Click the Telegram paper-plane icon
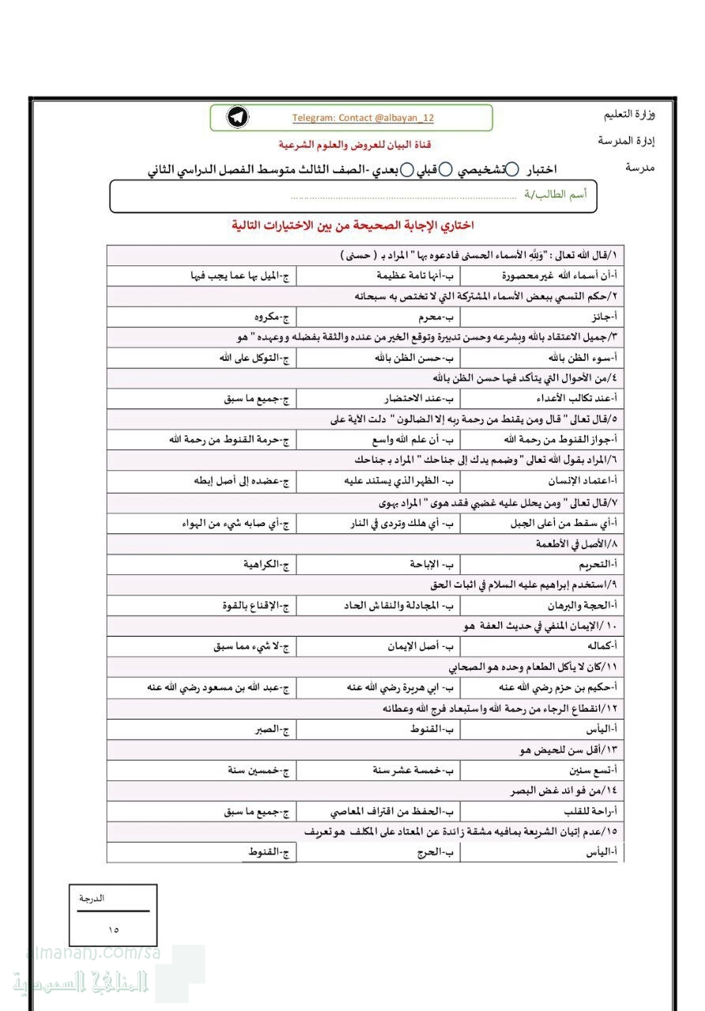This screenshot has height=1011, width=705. pyautogui.click(x=238, y=118)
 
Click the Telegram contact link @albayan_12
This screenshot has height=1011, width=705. pyautogui.click(x=363, y=118)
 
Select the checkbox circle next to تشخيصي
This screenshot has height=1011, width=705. pyautogui.click(x=512, y=169)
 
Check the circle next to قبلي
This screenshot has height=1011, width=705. pyautogui.click(x=445, y=169)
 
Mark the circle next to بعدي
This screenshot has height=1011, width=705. pyautogui.click(x=407, y=169)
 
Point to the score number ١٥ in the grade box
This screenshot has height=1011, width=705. pyautogui.click(x=114, y=928)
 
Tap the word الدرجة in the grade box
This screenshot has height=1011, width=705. pyautogui.click(x=92, y=898)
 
